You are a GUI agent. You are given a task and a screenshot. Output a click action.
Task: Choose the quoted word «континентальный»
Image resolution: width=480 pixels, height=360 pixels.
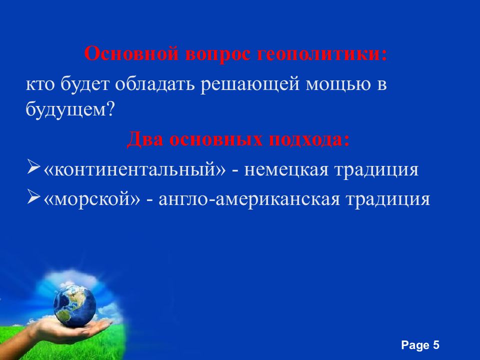click(x=135, y=169)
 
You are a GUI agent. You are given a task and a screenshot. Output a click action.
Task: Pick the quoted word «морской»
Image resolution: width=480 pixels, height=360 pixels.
click(x=91, y=198)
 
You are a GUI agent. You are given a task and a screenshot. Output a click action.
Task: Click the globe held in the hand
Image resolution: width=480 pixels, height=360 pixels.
click(x=74, y=303)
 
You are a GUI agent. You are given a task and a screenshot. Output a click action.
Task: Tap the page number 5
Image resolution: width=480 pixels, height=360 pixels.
click(x=436, y=345)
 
